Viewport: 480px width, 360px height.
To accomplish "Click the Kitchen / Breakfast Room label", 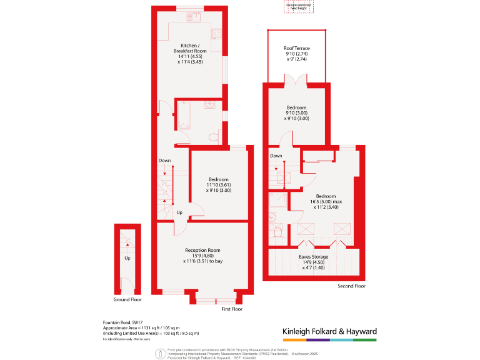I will coord(190,48).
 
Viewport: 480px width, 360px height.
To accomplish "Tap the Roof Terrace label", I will coord(297,48).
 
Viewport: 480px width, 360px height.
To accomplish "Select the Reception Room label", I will coord(202,250).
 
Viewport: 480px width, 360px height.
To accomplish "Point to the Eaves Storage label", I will coord(311,256).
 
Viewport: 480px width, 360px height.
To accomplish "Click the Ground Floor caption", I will coord(127,299).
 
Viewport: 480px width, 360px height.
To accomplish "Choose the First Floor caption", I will coord(231,309).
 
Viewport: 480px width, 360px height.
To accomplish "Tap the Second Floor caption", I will coord(351,286).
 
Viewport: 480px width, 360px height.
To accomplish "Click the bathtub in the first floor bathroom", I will coord(184,116).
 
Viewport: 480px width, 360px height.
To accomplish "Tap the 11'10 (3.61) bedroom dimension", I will coord(218,185).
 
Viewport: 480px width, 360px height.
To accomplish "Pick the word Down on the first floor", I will coord(164,161).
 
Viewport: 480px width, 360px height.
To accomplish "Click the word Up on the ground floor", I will coord(127,257).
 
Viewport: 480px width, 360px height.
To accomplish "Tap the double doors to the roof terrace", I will coord(296,81).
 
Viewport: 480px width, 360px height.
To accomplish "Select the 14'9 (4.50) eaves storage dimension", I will coord(311,262).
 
